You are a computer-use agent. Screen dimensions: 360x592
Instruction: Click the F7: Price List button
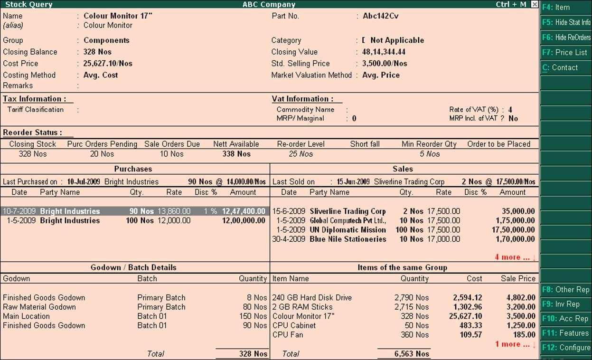[x=565, y=52]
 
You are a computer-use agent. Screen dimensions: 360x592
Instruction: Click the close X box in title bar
[x=535, y=4]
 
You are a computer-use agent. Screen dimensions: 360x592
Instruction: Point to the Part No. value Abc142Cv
[x=380, y=16]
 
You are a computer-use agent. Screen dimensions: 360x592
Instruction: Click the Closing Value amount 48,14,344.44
[x=384, y=52]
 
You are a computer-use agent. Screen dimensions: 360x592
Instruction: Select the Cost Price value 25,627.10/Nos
[x=108, y=63]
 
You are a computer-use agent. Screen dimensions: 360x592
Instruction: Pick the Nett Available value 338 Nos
[x=236, y=154]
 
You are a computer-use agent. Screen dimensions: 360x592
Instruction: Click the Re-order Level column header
[x=301, y=144]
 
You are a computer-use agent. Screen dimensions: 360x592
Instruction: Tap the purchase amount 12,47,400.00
[x=244, y=211]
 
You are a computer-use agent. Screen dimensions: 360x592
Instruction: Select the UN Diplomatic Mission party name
[x=348, y=230]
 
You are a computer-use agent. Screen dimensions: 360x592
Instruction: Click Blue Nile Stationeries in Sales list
[x=348, y=239]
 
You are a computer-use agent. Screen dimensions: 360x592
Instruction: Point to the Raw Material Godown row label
[x=39, y=307]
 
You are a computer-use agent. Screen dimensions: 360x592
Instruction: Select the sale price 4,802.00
[x=521, y=298]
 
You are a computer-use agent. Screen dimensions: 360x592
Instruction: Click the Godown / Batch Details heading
[x=133, y=267]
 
